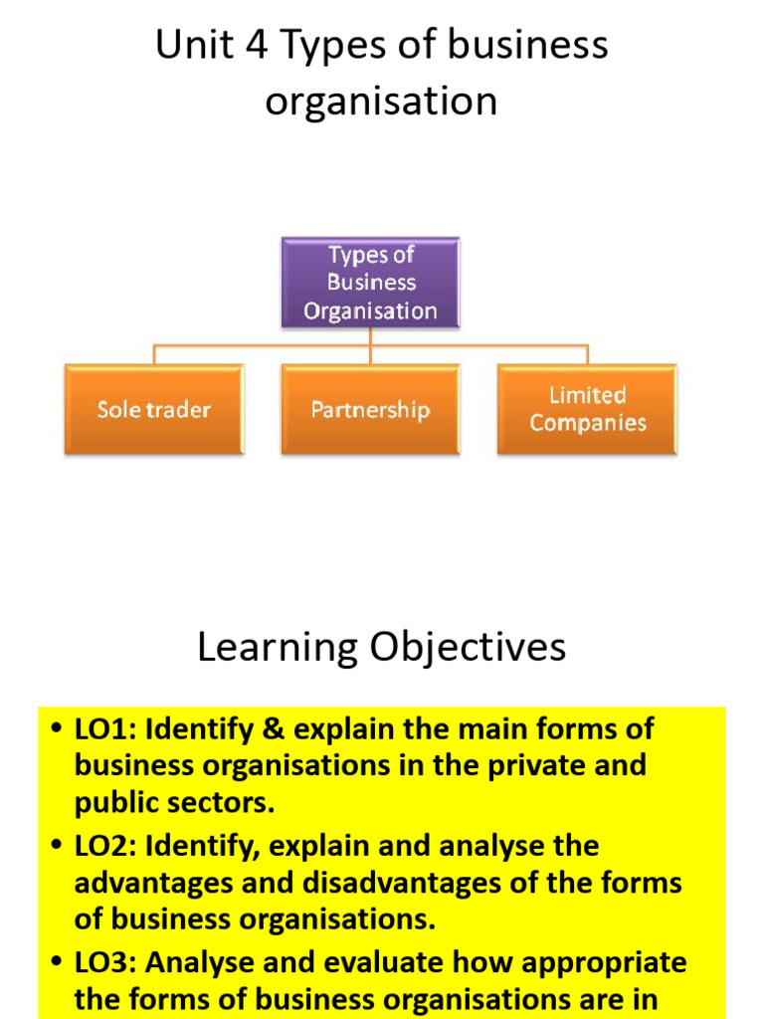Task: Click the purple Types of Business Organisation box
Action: tap(370, 283)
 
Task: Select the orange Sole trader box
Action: tap(154, 409)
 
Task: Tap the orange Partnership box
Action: tap(370, 409)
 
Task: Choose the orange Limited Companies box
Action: tap(587, 409)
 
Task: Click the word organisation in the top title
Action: tap(381, 102)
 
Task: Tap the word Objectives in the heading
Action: tap(468, 648)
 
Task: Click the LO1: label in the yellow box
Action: tap(107, 729)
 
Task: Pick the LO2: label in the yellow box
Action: tap(107, 847)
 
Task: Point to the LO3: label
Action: tap(107, 963)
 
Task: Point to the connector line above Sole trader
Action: tap(154, 354)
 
